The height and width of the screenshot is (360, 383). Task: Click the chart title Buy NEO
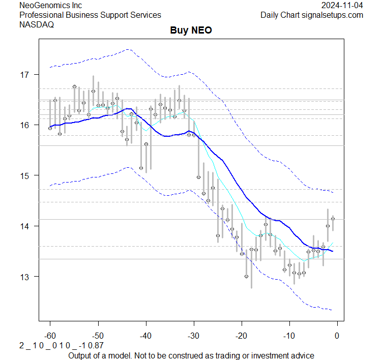point(191,31)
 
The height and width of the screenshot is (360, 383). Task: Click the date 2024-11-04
point(342,5)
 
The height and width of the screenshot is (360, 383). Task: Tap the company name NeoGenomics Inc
point(50,5)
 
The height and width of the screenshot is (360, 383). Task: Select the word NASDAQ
point(37,24)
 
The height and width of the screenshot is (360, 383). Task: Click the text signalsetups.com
point(331,15)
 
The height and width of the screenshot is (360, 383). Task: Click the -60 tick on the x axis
point(50,336)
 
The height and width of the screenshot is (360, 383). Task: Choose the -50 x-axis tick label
point(98,336)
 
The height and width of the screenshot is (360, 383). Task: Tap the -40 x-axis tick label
point(145,336)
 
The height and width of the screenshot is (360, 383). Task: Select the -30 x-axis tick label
point(193,336)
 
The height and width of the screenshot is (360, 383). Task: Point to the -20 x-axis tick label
point(241,336)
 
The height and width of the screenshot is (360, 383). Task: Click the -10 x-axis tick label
point(289,336)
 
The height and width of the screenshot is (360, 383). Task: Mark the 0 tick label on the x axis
point(337,336)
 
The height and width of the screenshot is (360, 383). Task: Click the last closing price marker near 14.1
point(333,219)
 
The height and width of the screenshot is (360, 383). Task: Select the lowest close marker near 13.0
point(246,277)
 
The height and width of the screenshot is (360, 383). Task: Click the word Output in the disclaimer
point(81,355)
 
